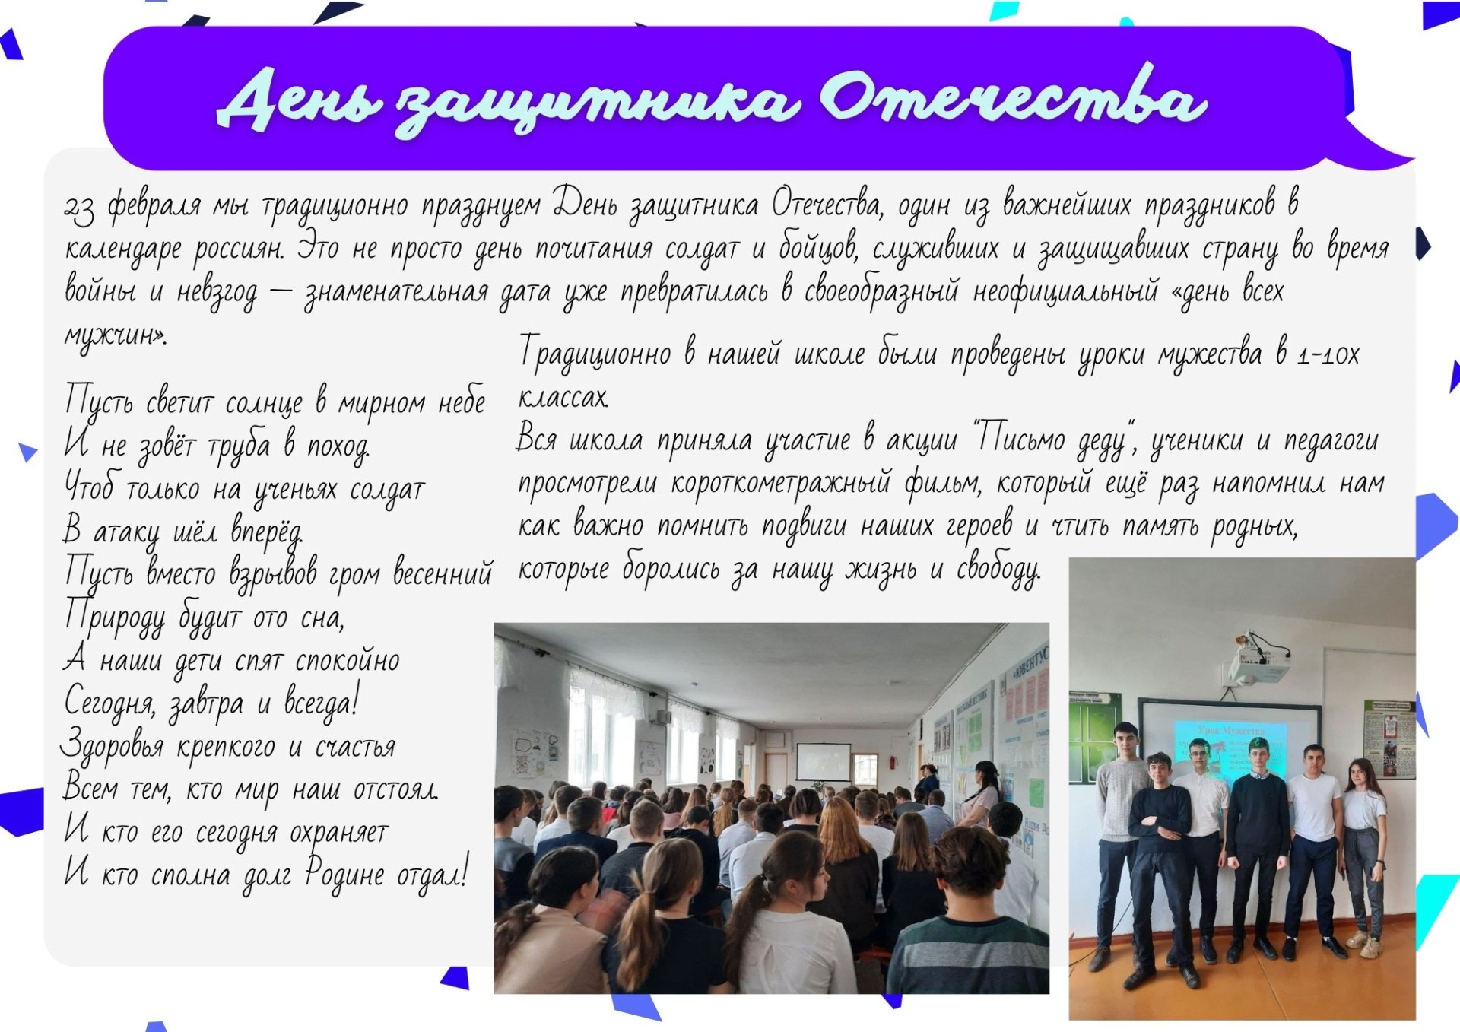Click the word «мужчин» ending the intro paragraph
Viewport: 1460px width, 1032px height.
[x=113, y=335]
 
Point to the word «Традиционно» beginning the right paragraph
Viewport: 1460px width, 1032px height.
[x=595, y=354]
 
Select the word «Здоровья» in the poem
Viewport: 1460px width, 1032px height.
[x=113, y=745]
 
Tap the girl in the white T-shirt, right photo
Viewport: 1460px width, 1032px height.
[x=1364, y=856]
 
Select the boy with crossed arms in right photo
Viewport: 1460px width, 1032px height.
[x=1160, y=867]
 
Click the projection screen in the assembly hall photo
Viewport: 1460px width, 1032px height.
[x=823, y=761]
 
